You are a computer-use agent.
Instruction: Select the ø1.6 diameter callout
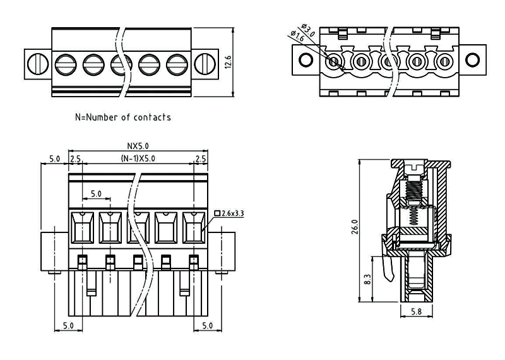pyautogui.click(x=297, y=37)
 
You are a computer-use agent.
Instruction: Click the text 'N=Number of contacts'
pyautogui.click(x=122, y=117)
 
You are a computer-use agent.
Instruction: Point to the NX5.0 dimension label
pyautogui.click(x=138, y=146)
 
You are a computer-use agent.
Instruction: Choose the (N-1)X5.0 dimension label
pyautogui.click(x=138, y=158)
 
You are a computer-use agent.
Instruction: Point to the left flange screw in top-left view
pyautogui.click(x=39, y=63)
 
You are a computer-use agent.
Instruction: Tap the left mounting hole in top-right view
pyautogui.click(x=306, y=60)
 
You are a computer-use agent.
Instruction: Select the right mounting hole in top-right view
pyautogui.click(x=472, y=60)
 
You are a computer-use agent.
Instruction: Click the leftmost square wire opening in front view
pyautogui.click(x=82, y=227)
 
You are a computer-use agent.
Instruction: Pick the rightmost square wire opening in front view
pyautogui.click(x=193, y=227)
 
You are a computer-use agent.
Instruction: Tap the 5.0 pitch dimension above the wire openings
pyautogui.click(x=96, y=194)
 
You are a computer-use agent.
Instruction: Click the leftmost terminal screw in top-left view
pyautogui.click(x=65, y=63)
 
